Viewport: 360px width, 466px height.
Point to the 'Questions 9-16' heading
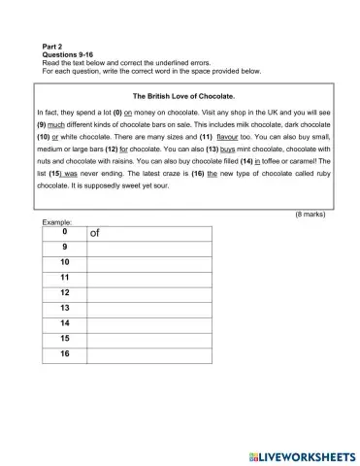pyautogui.click(x=69, y=54)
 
